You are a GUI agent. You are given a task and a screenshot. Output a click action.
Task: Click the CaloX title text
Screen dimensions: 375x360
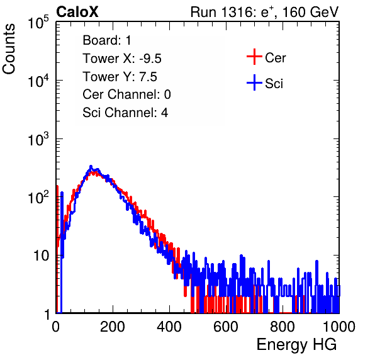tap(77, 12)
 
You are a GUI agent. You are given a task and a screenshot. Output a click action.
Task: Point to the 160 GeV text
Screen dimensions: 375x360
tap(310, 12)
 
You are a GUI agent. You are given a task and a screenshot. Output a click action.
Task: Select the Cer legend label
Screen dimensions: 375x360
tap(275, 58)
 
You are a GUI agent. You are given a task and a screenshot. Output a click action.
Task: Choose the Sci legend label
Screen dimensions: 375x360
tap(274, 84)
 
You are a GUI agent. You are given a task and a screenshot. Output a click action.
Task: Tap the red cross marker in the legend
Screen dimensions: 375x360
tap(254, 57)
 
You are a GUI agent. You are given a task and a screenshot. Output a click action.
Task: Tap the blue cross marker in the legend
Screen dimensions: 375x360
tap(254, 82)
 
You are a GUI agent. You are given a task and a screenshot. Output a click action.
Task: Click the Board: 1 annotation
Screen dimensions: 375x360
tap(107, 40)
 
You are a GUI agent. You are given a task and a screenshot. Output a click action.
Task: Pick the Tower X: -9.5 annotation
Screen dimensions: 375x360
tap(122, 59)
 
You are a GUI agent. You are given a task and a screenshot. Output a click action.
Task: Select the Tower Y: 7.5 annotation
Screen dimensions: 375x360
tap(120, 77)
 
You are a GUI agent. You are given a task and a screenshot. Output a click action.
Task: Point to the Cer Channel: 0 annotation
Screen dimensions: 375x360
tap(126, 94)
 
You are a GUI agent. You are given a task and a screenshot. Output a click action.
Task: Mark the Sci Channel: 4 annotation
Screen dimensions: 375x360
tap(125, 113)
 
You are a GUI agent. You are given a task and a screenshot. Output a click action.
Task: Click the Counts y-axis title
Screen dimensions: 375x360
tap(9, 49)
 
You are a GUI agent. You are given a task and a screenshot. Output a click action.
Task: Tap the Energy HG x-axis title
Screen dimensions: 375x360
tap(296, 345)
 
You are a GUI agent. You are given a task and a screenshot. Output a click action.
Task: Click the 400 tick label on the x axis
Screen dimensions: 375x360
tap(169, 327)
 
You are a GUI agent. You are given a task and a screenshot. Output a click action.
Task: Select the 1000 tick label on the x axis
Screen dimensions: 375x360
tap(339, 327)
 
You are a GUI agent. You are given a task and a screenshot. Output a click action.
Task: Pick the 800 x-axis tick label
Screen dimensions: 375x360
tap(283, 327)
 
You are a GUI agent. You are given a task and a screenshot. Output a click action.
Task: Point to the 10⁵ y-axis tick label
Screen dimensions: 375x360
tap(38, 23)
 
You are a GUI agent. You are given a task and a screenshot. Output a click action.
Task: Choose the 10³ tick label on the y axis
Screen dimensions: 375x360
tap(38, 139)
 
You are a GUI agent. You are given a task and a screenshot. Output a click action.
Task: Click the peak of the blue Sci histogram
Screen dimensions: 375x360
tap(91, 166)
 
